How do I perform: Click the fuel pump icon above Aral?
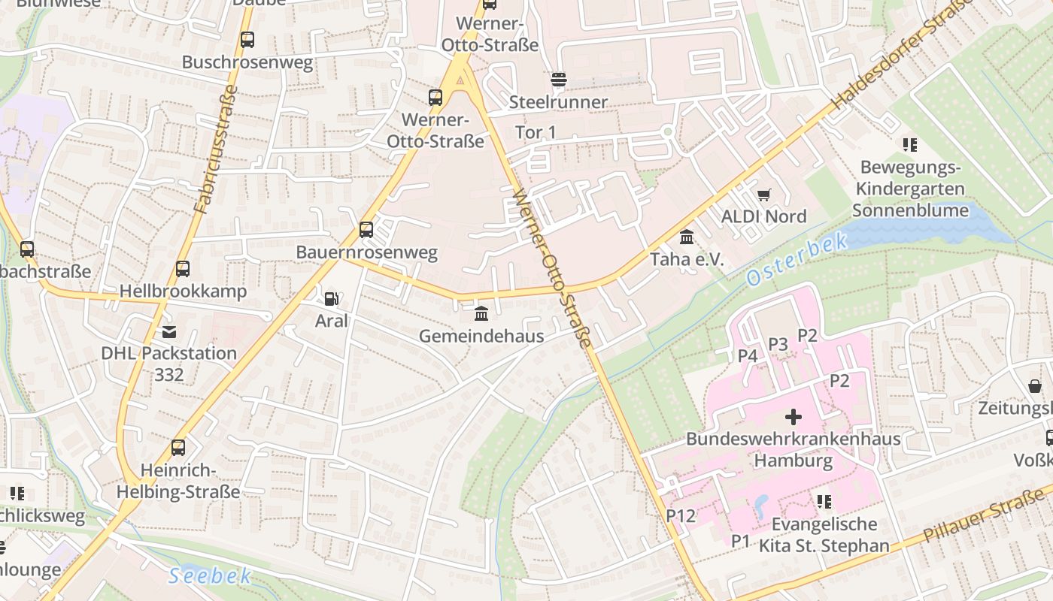pos(330,299)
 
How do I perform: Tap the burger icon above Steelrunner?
pos(558,80)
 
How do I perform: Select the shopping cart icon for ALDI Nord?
pos(764,195)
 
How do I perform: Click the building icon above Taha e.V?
pos(687,238)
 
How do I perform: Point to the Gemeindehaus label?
pos(481,336)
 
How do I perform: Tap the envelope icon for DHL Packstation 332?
pos(169,331)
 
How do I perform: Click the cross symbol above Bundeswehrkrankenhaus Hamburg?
pos(793,417)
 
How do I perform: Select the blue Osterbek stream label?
pos(797,259)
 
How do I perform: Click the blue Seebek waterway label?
pos(209,576)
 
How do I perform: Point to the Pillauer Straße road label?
pos(985,514)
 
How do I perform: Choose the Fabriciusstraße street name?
pos(215,150)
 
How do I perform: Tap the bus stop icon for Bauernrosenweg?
pos(366,230)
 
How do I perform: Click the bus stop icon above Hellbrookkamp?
pos(182,269)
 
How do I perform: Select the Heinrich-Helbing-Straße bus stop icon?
pos(178,448)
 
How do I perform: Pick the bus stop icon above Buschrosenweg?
pos(247,40)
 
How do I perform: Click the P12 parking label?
pos(681,515)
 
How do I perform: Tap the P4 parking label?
pos(747,355)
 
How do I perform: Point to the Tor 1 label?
pos(536,132)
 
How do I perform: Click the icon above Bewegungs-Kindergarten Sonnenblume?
pos(910,145)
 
